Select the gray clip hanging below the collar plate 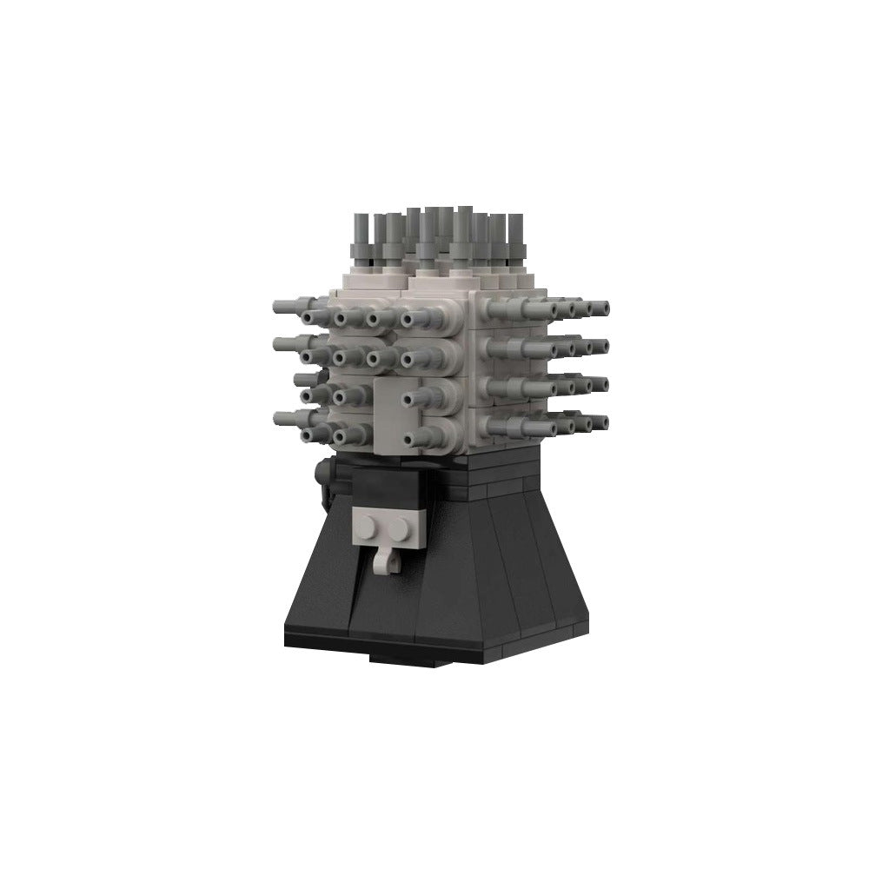tap(383, 561)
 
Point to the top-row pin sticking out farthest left tap(280, 305)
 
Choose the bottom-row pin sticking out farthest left tap(280, 419)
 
